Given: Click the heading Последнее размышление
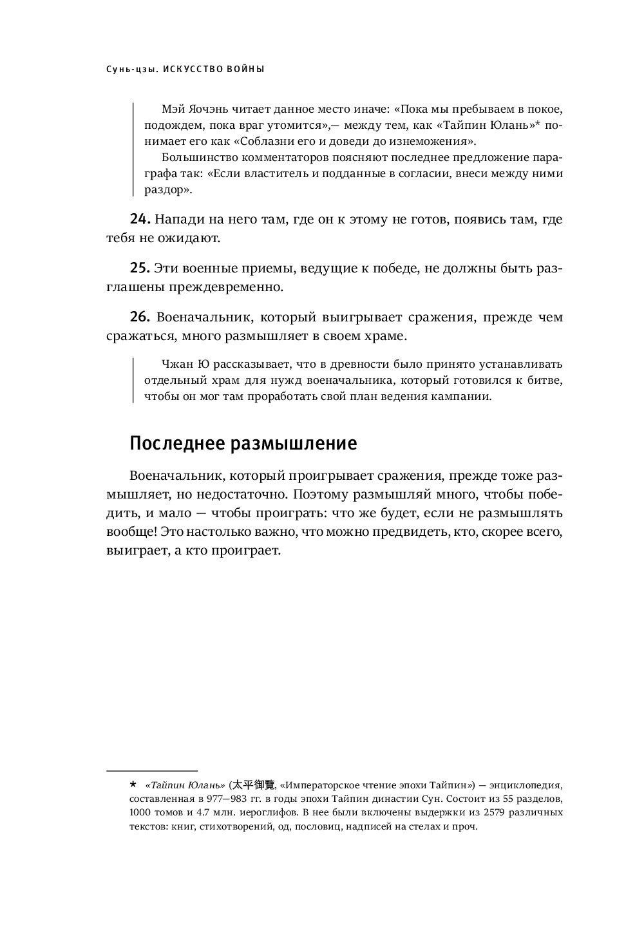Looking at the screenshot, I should (x=243, y=444).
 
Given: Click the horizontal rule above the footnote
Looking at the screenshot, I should (x=151, y=770).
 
